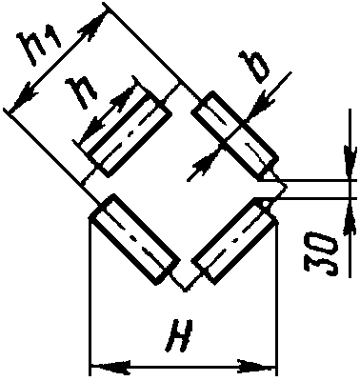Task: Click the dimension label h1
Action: coord(40,48)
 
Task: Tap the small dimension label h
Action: coord(82,92)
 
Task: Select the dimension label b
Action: coord(255,67)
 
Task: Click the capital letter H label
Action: coord(180,336)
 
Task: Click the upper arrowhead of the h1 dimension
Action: coord(94,26)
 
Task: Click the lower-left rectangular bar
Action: coord(134,239)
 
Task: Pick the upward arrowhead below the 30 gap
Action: coord(350,217)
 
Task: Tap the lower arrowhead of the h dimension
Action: coord(92,130)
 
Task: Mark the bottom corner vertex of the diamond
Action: coord(185,290)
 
